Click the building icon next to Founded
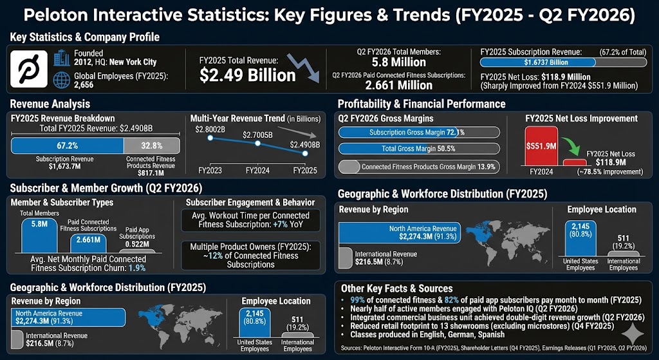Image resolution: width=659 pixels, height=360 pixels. click(x=62, y=58)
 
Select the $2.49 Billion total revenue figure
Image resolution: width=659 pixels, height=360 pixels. click(x=248, y=75)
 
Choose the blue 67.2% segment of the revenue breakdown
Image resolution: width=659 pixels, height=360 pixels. click(x=68, y=146)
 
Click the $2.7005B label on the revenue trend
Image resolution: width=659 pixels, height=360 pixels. click(x=257, y=135)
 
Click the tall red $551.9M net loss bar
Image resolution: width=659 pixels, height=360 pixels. click(x=541, y=146)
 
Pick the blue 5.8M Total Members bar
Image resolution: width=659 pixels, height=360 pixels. click(x=38, y=234)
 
